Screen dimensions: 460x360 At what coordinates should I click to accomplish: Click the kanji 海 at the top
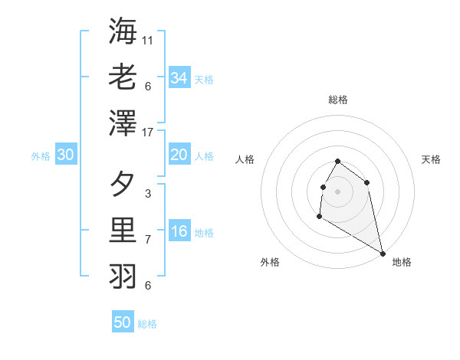tap(123, 31)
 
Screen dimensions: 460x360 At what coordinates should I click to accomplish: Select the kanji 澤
tap(123, 123)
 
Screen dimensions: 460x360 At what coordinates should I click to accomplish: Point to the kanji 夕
tap(123, 184)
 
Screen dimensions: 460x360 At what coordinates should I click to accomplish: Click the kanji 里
tap(123, 230)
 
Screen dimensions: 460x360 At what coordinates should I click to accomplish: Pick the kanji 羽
tap(123, 275)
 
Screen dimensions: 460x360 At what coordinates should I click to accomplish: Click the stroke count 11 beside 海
tap(148, 40)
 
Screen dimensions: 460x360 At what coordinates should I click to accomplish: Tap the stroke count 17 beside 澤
tap(148, 133)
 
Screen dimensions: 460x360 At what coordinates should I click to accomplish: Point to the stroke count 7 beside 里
tap(148, 239)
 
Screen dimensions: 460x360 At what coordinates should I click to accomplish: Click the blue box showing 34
tap(179, 78)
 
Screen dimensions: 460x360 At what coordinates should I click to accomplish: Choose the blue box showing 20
tap(179, 155)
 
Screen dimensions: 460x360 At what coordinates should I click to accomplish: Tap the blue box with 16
tap(179, 231)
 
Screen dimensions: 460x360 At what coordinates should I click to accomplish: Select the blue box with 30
tap(66, 155)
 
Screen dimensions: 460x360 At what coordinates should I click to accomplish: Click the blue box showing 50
tap(123, 322)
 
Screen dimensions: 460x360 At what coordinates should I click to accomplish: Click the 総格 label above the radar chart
tap(338, 100)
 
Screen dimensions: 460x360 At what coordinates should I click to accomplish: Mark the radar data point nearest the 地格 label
tap(383, 253)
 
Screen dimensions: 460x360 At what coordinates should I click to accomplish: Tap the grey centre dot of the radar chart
tap(338, 191)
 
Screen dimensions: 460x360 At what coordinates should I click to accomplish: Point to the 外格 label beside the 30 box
tap(41, 156)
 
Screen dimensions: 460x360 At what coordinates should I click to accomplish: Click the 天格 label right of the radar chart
tap(431, 159)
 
